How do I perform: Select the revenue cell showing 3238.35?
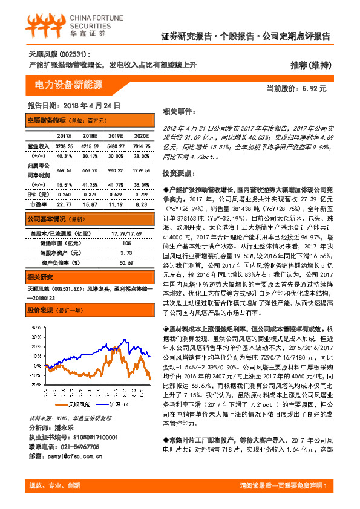point(64,146)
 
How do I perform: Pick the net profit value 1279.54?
point(141,172)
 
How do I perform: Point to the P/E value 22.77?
point(64,204)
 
